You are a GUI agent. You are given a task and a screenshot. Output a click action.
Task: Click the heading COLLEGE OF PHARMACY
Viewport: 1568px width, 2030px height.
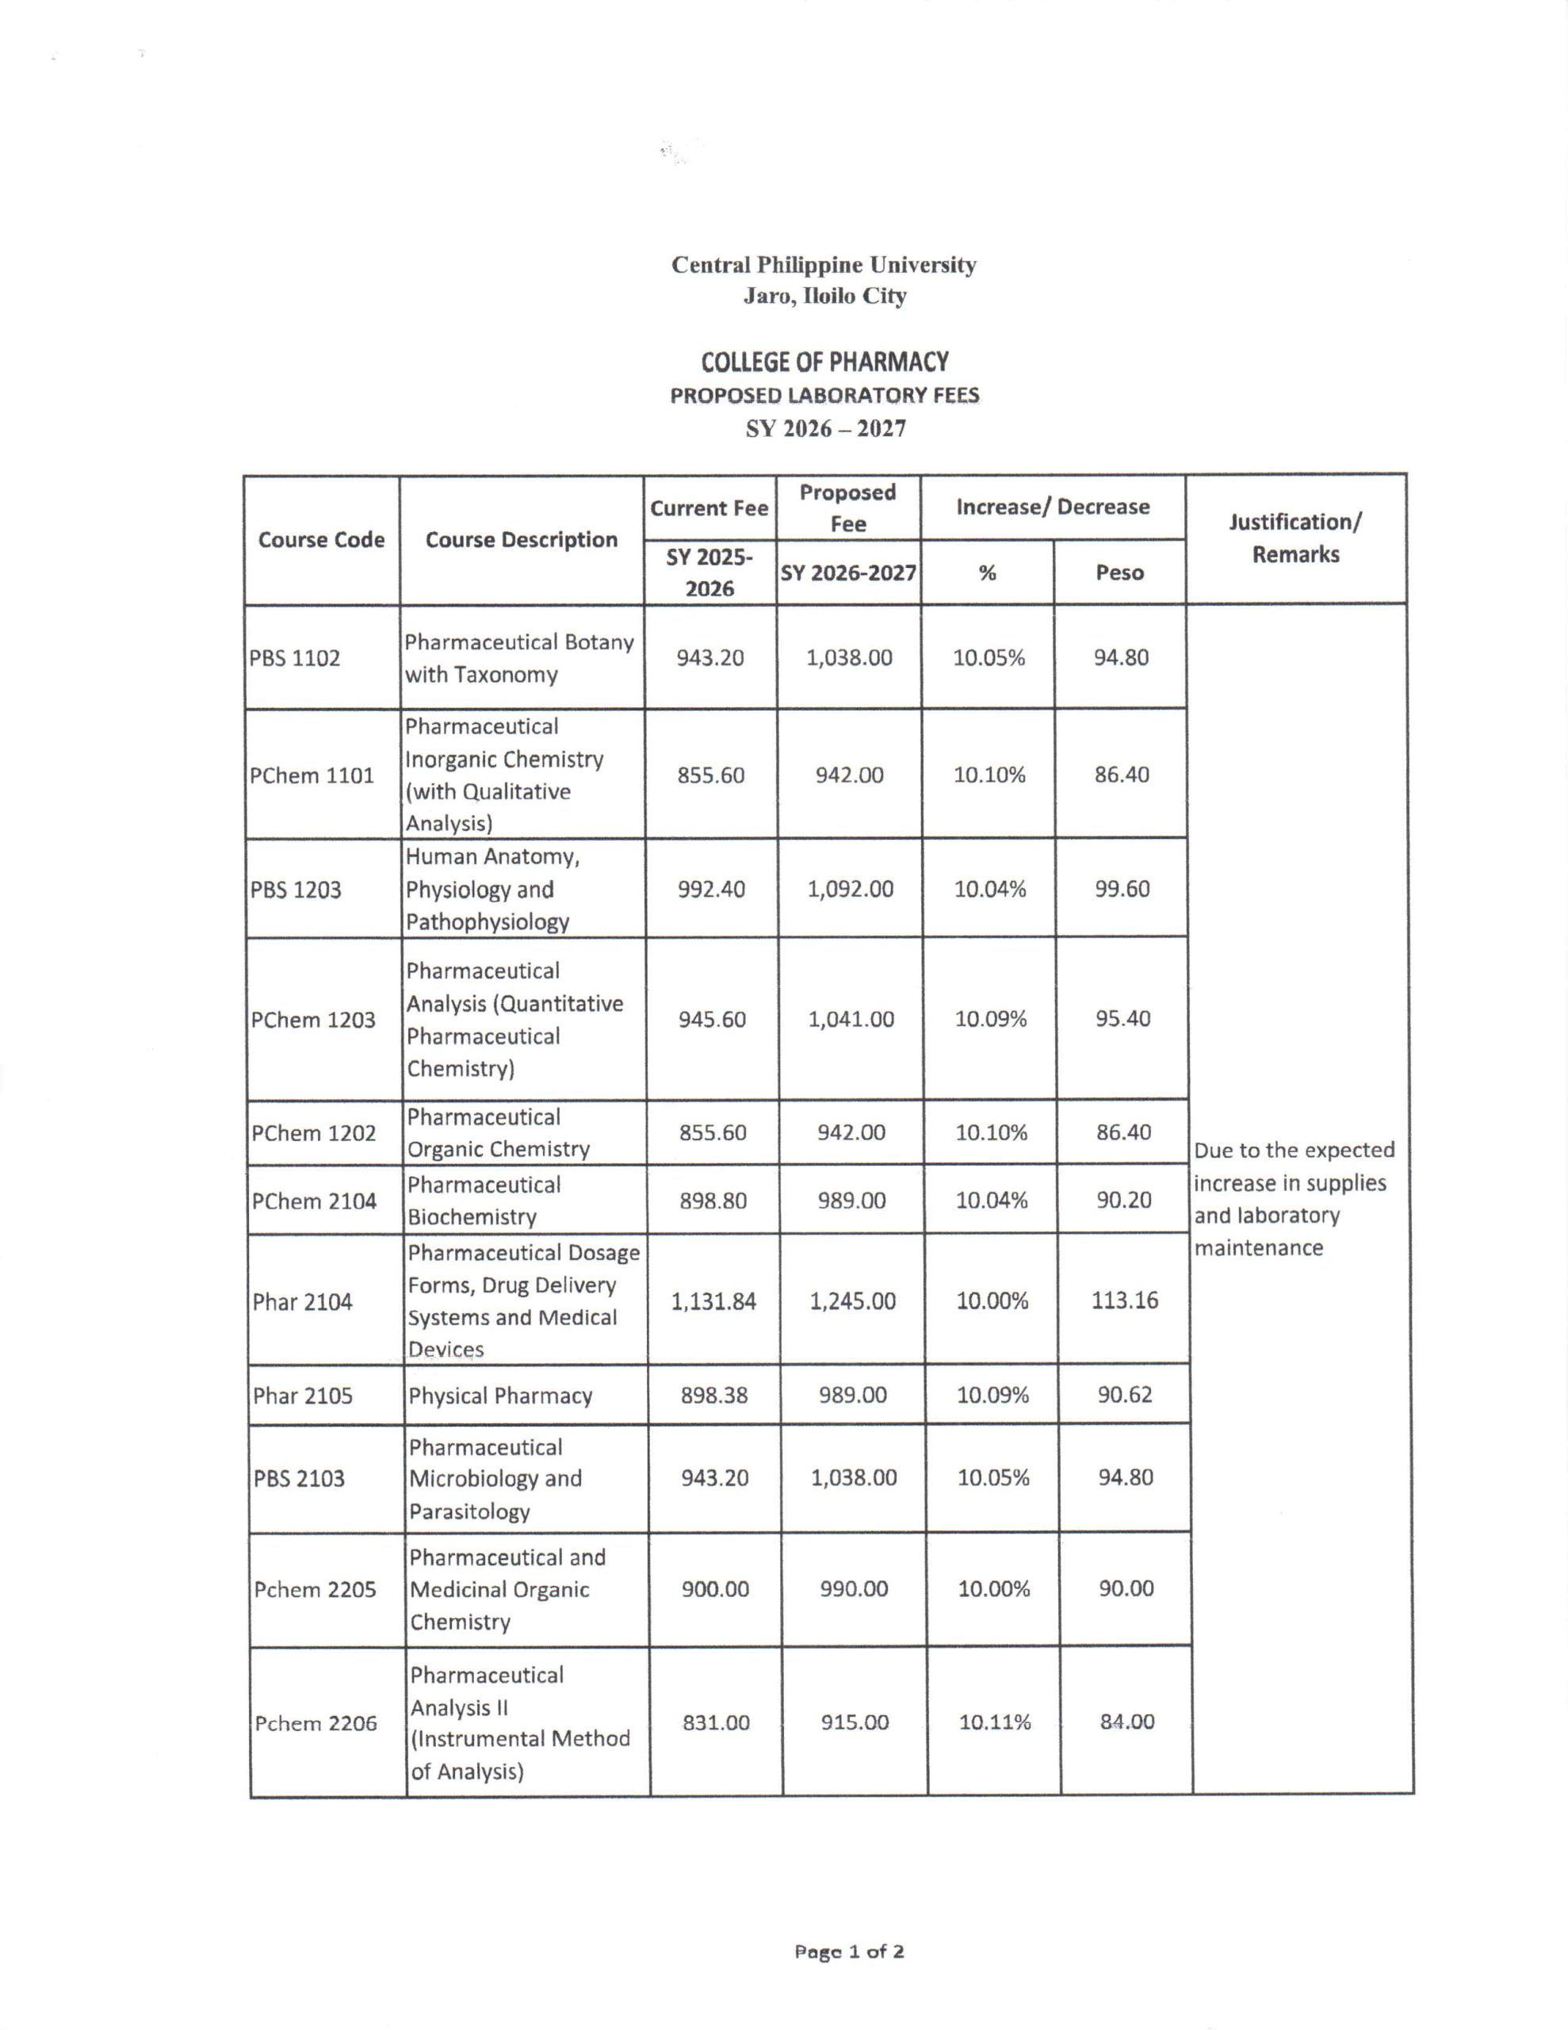pyautogui.click(x=824, y=362)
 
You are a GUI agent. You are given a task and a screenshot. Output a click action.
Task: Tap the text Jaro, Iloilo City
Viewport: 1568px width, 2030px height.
pyautogui.click(x=824, y=297)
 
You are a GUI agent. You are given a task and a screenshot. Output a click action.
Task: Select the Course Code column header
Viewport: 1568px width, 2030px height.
pyautogui.click(x=321, y=540)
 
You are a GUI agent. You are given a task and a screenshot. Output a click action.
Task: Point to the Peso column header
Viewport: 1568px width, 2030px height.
pyautogui.click(x=1119, y=573)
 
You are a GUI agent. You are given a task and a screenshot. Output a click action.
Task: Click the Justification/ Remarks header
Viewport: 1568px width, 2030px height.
pyautogui.click(x=1295, y=538)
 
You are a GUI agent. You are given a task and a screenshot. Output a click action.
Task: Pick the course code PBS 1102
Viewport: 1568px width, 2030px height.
pyautogui.click(x=295, y=658)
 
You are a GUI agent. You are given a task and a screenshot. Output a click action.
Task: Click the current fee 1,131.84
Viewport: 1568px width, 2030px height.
pyautogui.click(x=713, y=1300)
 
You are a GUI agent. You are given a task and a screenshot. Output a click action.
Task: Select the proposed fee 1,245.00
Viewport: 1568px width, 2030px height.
pyautogui.click(x=852, y=1300)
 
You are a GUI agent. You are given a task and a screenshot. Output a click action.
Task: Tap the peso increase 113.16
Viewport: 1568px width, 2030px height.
pyautogui.click(x=1125, y=1300)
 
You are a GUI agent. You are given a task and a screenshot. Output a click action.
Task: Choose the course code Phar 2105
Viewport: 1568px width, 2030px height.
pyautogui.click(x=302, y=1396)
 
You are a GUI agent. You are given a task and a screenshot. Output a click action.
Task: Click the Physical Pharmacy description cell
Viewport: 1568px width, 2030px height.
pyautogui.click(x=500, y=1396)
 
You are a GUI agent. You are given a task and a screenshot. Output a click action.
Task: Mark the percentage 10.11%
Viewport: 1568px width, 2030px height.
pyautogui.click(x=995, y=1722)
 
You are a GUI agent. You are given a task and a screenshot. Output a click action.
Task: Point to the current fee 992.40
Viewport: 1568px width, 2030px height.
pyautogui.click(x=711, y=890)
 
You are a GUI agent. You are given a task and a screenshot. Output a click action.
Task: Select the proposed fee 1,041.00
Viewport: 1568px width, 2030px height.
pyautogui.click(x=851, y=1020)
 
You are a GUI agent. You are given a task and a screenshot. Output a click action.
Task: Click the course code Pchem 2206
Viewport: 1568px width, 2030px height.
pyautogui.click(x=316, y=1723)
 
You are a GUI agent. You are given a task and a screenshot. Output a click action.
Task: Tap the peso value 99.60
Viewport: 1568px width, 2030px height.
pyautogui.click(x=1122, y=889)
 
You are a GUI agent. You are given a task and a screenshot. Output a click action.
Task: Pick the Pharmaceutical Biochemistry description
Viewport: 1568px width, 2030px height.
pyautogui.click(x=484, y=1201)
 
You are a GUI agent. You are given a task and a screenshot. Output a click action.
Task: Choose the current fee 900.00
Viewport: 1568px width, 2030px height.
pyautogui.click(x=715, y=1589)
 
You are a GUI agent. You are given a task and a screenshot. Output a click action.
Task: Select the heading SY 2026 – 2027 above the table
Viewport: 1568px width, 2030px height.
pyautogui.click(x=825, y=430)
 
